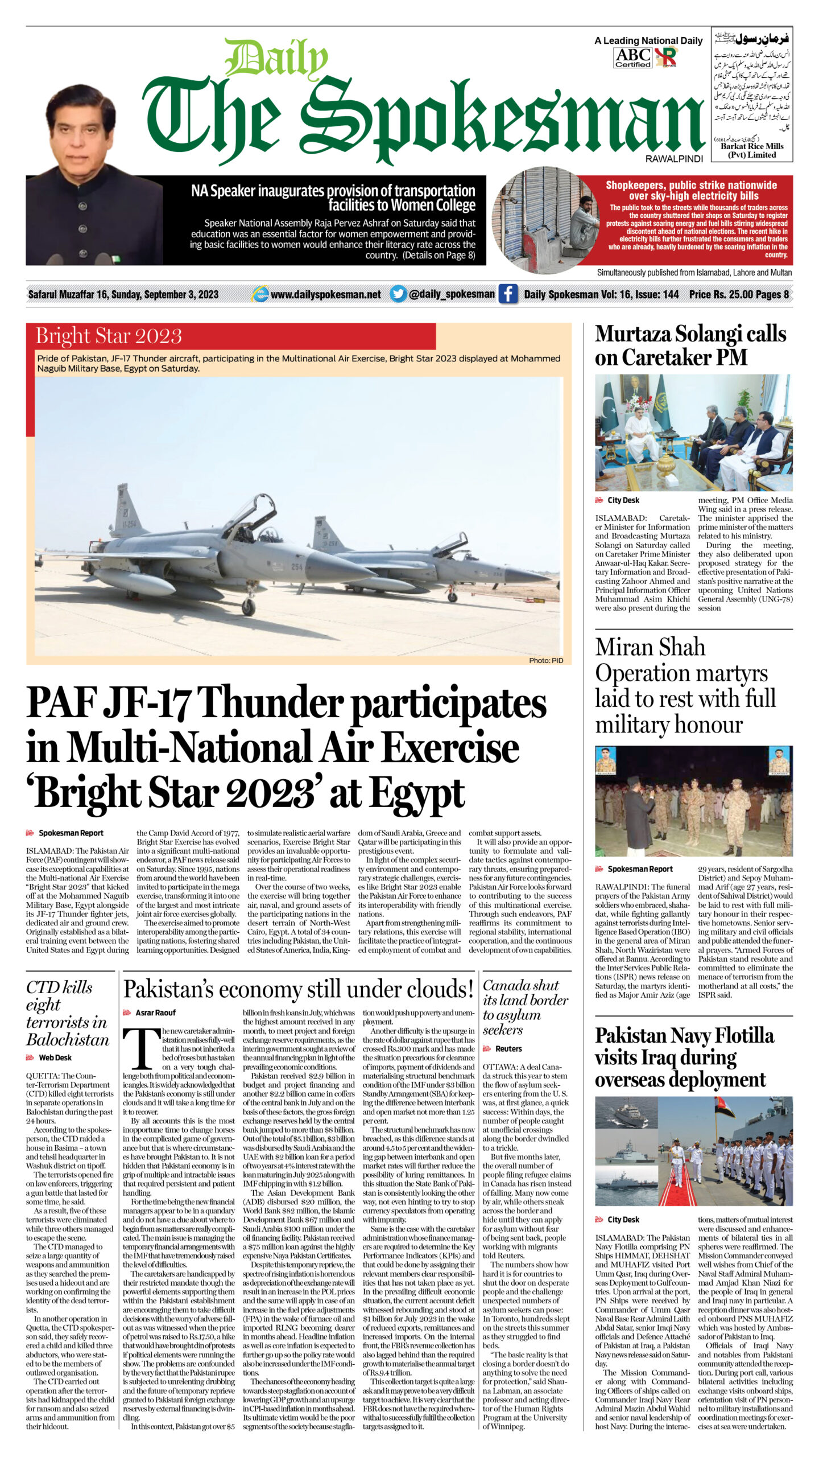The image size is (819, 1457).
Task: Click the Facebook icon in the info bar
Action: [508, 294]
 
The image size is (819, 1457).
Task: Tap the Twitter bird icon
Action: [398, 294]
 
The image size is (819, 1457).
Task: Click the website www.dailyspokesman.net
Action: [325, 294]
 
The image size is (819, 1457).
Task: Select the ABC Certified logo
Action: [633, 57]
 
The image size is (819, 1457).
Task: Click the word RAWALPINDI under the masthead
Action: [674, 159]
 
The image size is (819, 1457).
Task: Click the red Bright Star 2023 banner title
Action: [109, 336]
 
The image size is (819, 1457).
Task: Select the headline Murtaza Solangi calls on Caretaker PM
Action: [690, 345]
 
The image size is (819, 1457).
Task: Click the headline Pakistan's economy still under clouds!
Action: [299, 989]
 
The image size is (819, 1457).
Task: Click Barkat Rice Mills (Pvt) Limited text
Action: [751, 150]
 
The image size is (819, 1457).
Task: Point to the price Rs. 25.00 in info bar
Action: [719, 294]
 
